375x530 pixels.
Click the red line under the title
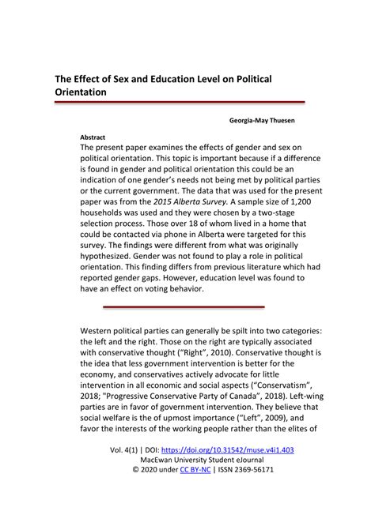[x=179, y=103]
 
